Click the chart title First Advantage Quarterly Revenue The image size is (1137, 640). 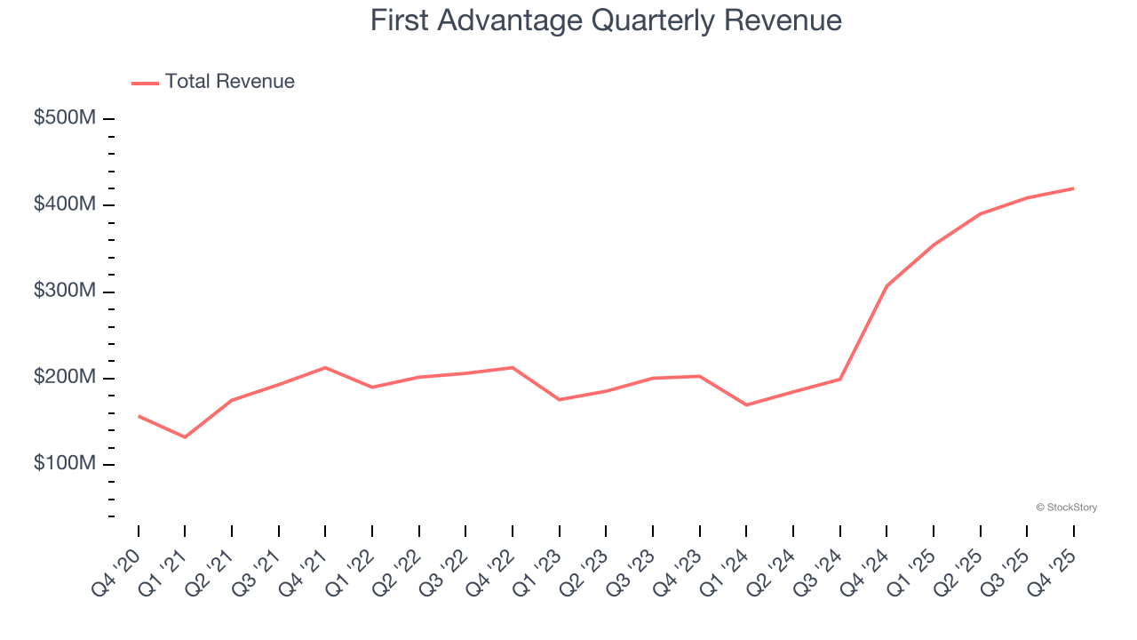point(606,20)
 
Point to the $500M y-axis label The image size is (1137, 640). point(64,118)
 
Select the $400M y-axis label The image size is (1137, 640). point(64,205)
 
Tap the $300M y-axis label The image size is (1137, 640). point(64,292)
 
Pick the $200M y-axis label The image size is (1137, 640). point(64,379)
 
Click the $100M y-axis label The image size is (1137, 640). point(64,465)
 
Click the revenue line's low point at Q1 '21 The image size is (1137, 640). point(185,437)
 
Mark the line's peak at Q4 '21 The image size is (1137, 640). point(325,367)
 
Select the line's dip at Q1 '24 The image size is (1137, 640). point(746,405)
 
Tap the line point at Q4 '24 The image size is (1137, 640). point(887,286)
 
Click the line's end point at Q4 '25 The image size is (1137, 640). point(1073,188)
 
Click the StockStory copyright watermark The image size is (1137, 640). point(1066,508)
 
